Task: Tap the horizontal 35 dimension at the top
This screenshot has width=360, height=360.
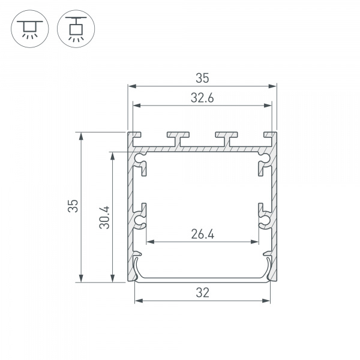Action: point(202,78)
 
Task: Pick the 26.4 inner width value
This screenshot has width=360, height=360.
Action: point(202,235)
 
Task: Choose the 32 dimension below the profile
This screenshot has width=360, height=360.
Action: point(202,293)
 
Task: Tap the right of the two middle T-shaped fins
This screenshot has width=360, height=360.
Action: point(226,137)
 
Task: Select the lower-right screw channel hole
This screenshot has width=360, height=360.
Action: point(264,221)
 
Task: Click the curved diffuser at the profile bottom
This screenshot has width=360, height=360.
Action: point(202,277)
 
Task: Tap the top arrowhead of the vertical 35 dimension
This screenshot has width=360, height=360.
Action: point(80,136)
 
